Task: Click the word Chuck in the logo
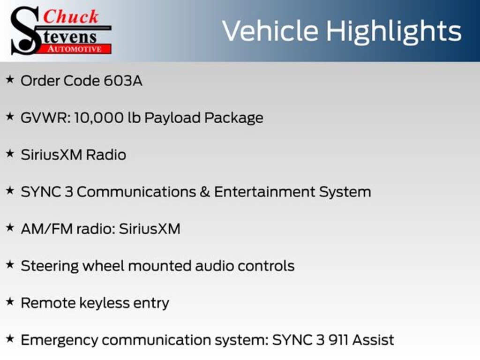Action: [x=71, y=17]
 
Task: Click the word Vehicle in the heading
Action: [x=270, y=31]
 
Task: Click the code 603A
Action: [x=123, y=81]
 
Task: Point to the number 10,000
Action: [x=99, y=118]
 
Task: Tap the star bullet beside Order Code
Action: [x=10, y=80]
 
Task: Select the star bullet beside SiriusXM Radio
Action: [x=10, y=153]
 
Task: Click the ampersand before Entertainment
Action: [x=205, y=192]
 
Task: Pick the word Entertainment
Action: [x=264, y=192]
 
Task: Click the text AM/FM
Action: [x=46, y=229]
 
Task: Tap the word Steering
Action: [x=50, y=266]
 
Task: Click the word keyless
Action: [x=105, y=303]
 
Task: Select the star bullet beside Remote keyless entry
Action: [x=10, y=301]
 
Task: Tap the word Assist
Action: [x=373, y=340]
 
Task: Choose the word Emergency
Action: [x=60, y=340]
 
